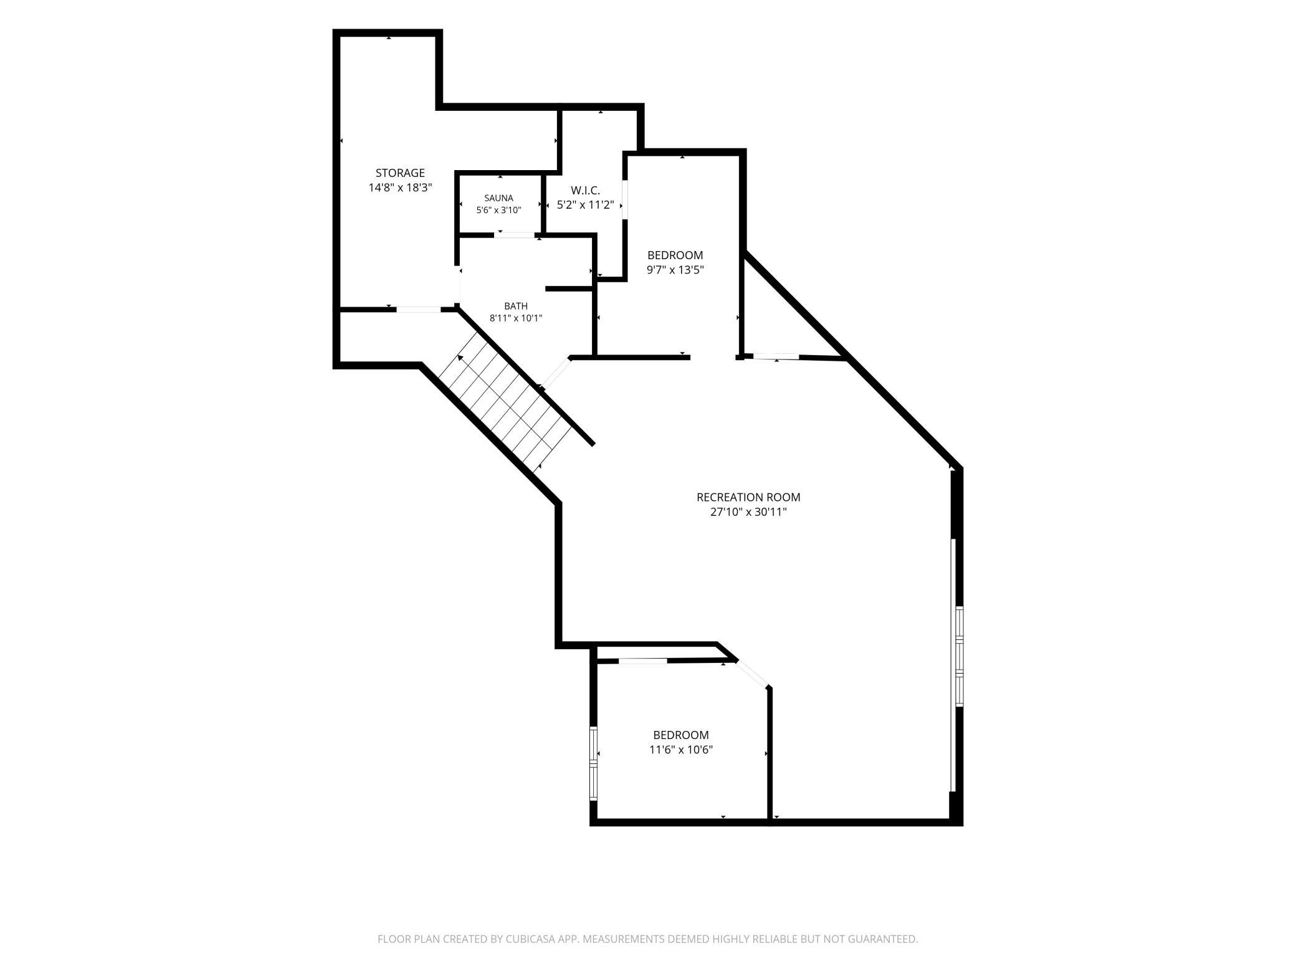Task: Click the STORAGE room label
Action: tap(400, 173)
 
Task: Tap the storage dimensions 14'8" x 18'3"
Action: tap(400, 188)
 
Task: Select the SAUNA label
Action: tap(498, 198)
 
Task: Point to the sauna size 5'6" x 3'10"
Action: tap(498, 210)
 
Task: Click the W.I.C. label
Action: tap(585, 190)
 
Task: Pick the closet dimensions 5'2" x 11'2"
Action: tap(585, 204)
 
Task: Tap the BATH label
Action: tap(516, 306)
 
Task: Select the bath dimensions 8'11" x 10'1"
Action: tap(516, 318)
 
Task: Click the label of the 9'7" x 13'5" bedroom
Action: tap(675, 255)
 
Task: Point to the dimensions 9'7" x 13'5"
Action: tap(675, 270)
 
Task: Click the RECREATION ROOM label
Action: tap(748, 497)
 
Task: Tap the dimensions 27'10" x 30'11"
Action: tap(748, 512)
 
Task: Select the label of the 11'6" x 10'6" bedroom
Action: tap(680, 735)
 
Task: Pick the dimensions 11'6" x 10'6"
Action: tap(680, 750)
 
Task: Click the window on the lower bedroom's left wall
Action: tap(593, 763)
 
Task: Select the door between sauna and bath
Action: tap(515, 235)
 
